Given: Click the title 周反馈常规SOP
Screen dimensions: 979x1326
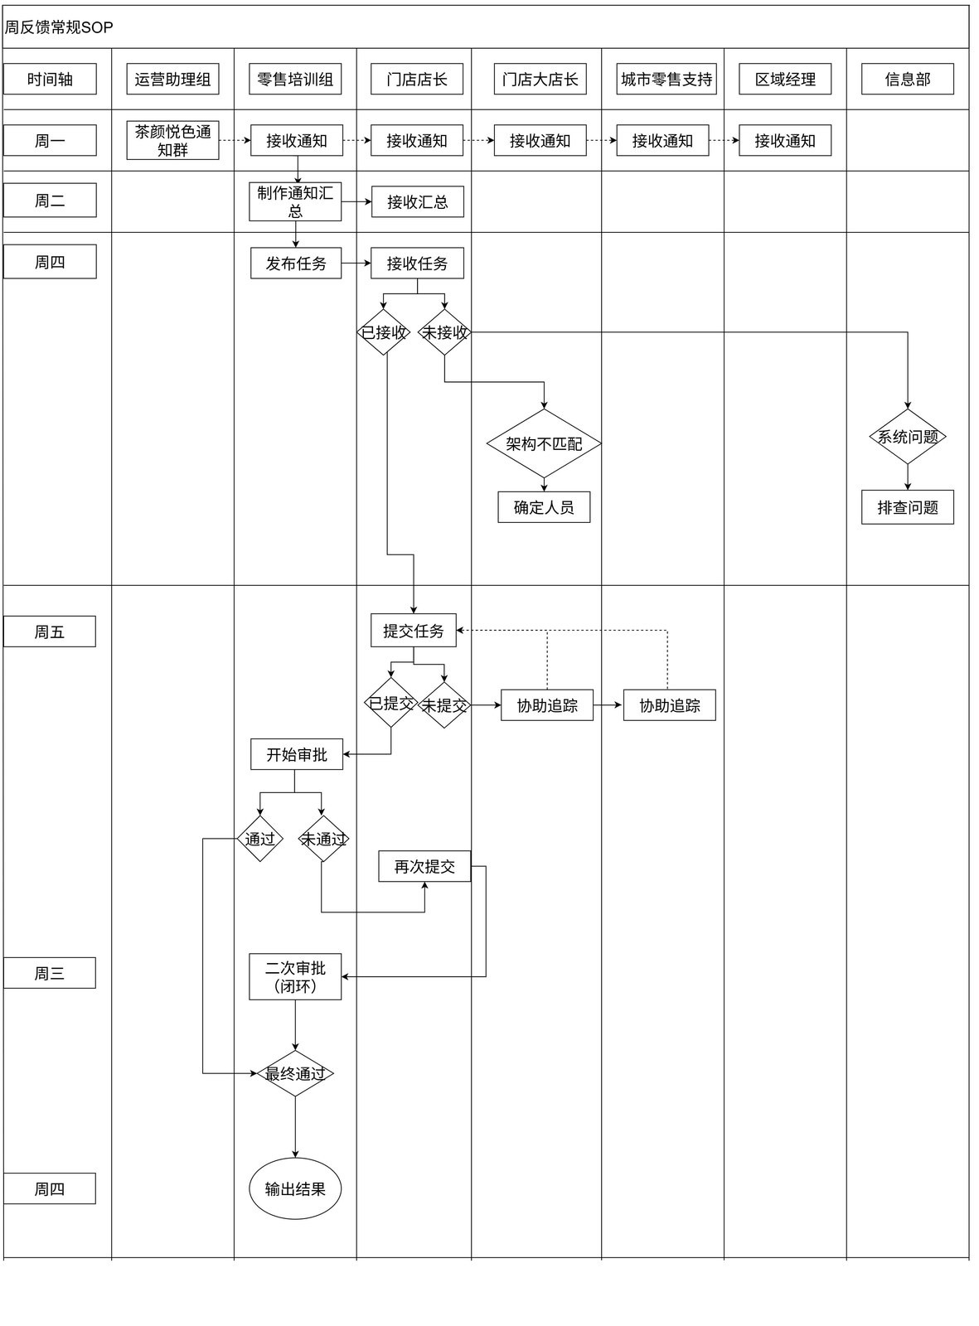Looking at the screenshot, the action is pos(59,27).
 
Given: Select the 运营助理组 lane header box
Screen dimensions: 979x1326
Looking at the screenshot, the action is pos(172,79).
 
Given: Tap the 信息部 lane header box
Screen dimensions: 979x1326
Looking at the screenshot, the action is pos(907,79).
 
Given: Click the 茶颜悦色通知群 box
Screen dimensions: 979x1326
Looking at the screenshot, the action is pos(172,141).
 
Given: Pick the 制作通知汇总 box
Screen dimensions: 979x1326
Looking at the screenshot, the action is pos(295,202).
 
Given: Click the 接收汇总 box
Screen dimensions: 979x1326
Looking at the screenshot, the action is pos(418,202).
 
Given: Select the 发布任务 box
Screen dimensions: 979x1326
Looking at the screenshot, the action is pos(296,263).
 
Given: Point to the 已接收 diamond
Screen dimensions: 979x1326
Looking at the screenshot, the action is pos(384,332).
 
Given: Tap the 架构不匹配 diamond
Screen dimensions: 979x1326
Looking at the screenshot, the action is pos(545,443).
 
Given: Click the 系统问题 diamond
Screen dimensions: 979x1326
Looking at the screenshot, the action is pos(908,437).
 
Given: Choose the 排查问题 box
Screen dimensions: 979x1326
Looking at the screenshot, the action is pos(908,507).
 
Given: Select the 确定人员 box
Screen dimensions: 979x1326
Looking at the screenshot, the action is pos(545,507).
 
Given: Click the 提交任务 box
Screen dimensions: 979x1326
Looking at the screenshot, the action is pos(414,631).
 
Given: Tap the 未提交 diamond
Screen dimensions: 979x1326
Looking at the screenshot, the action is pos(444,705).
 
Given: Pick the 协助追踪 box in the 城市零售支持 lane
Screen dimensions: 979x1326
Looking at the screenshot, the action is pos(670,705).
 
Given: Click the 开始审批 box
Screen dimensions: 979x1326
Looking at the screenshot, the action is pos(297,754).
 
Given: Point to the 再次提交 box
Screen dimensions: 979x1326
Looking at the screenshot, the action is pos(424,866).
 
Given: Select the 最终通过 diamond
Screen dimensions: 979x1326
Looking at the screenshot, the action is pos(295,1074).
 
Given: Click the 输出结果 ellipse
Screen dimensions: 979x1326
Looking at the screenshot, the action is pos(295,1188).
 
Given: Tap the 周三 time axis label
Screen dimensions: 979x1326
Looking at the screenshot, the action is pos(50,973).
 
